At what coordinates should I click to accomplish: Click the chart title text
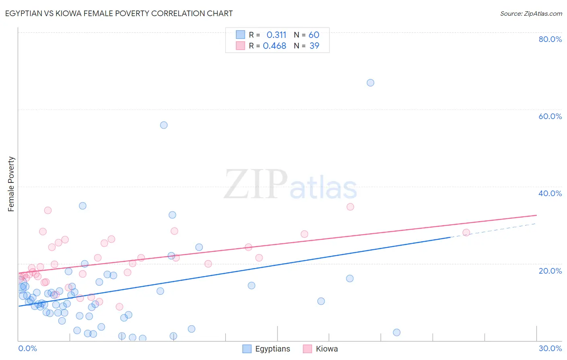point(119,13)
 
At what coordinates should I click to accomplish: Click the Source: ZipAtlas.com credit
point(531,14)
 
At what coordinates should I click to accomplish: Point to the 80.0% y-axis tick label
point(550,39)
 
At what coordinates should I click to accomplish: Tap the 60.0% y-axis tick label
point(550,116)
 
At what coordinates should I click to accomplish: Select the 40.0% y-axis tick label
point(550,193)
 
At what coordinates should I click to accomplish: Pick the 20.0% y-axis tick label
point(550,271)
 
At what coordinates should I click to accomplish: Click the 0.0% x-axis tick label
point(27,348)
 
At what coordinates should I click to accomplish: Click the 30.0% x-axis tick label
point(550,348)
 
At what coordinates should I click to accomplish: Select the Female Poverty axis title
point(11,184)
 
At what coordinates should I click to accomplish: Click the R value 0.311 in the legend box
point(276,35)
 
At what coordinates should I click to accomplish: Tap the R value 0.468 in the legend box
point(275,46)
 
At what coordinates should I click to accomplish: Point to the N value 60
point(314,35)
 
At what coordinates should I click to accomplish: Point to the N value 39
point(314,46)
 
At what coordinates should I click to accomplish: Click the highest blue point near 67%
point(370,83)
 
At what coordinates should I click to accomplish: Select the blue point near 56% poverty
point(164,125)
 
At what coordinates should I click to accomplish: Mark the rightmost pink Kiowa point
point(466,232)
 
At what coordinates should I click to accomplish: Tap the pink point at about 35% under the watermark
point(350,207)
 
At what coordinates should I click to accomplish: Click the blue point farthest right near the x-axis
point(396,333)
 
